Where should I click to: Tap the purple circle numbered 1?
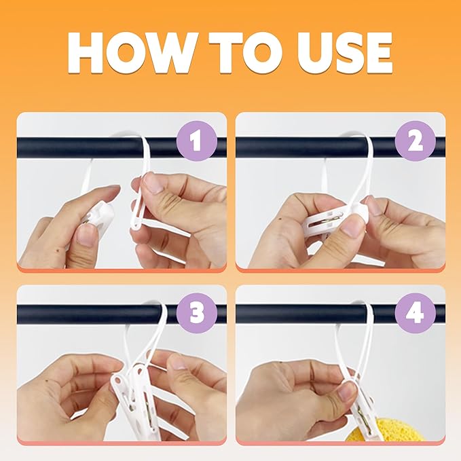(x=197, y=141)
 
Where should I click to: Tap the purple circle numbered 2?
(x=415, y=141)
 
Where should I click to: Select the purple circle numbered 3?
(x=197, y=314)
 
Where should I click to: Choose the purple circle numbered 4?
(x=415, y=314)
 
